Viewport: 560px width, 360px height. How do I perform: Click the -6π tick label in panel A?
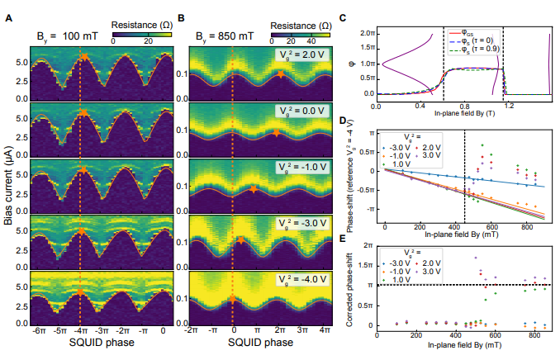[37, 330]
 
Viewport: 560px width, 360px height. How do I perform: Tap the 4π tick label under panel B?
[323, 330]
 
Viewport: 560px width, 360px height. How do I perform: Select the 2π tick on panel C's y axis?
[369, 32]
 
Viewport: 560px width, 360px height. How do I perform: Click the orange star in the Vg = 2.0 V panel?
[282, 75]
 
